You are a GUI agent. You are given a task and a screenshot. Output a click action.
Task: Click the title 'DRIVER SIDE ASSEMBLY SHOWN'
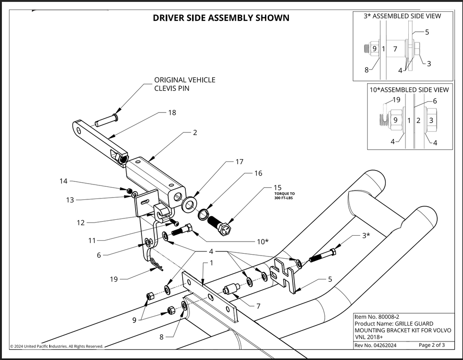pyautogui.click(x=221, y=18)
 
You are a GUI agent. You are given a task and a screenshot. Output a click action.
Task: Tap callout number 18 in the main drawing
pyautogui.click(x=172, y=113)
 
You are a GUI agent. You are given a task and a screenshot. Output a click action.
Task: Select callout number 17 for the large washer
pyautogui.click(x=239, y=162)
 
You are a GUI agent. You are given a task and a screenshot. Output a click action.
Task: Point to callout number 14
pyautogui.click(x=63, y=181)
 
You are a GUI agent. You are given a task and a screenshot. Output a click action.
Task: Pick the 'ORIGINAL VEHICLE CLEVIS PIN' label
pyautogui.click(x=185, y=84)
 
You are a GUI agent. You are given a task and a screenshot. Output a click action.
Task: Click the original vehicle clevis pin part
pyautogui.click(x=107, y=120)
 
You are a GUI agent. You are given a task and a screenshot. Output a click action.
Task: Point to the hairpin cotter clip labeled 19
pyautogui.click(x=156, y=265)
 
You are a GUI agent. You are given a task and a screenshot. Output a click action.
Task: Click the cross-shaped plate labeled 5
pyautogui.click(x=284, y=277)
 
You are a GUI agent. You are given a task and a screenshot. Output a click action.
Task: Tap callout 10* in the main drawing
pyautogui.click(x=263, y=242)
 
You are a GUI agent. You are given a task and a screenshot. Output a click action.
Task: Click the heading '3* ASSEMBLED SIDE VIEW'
pyautogui.click(x=402, y=16)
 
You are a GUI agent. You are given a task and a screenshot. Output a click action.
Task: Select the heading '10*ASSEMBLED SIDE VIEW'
pyautogui.click(x=409, y=90)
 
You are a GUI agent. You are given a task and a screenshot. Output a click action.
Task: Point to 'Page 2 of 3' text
pyautogui.click(x=432, y=345)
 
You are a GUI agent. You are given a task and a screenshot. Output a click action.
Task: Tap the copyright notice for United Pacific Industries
pyautogui.click(x=57, y=346)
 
